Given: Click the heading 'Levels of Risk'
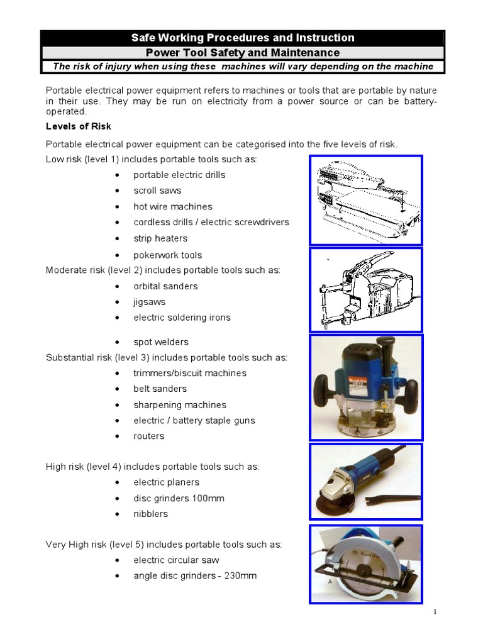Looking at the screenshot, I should coord(78,126).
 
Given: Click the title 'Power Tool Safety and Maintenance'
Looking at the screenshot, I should coord(243,53).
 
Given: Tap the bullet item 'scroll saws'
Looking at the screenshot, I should coord(157,191).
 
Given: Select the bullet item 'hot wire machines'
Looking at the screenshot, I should coord(172,206).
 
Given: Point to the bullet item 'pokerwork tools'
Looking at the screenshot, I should coord(167,255).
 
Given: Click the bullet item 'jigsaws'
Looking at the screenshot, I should coord(149,302).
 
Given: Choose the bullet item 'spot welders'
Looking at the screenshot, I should coord(160,342).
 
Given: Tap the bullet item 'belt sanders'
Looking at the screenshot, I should coord(160,389).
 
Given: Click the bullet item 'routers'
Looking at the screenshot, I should coord(148,436).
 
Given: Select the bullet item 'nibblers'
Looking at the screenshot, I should coord(150,514).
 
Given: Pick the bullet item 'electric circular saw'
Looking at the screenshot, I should coord(176,560).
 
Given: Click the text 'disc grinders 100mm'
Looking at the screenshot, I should coord(179,498).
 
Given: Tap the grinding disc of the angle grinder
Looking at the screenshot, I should coord(328,506).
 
